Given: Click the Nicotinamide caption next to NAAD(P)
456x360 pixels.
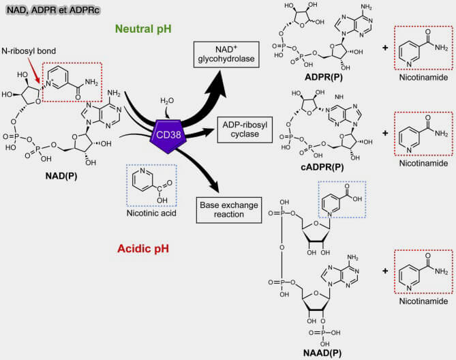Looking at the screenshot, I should click(424, 300).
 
